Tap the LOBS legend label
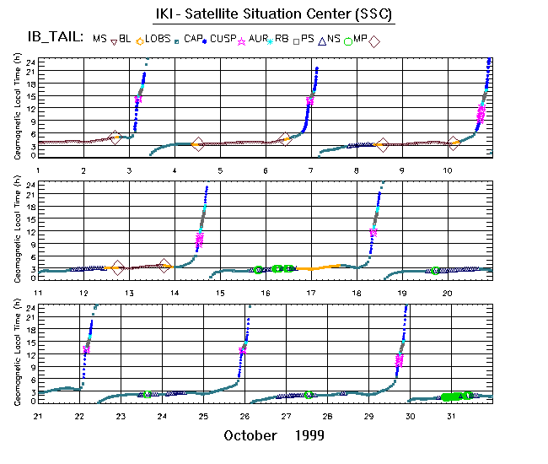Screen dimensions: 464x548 point(156,38)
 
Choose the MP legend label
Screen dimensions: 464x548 point(360,38)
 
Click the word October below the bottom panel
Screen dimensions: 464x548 point(250,435)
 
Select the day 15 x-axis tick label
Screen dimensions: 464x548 point(220,292)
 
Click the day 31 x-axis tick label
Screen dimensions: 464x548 point(451,415)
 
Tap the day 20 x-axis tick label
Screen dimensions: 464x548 point(448,292)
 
